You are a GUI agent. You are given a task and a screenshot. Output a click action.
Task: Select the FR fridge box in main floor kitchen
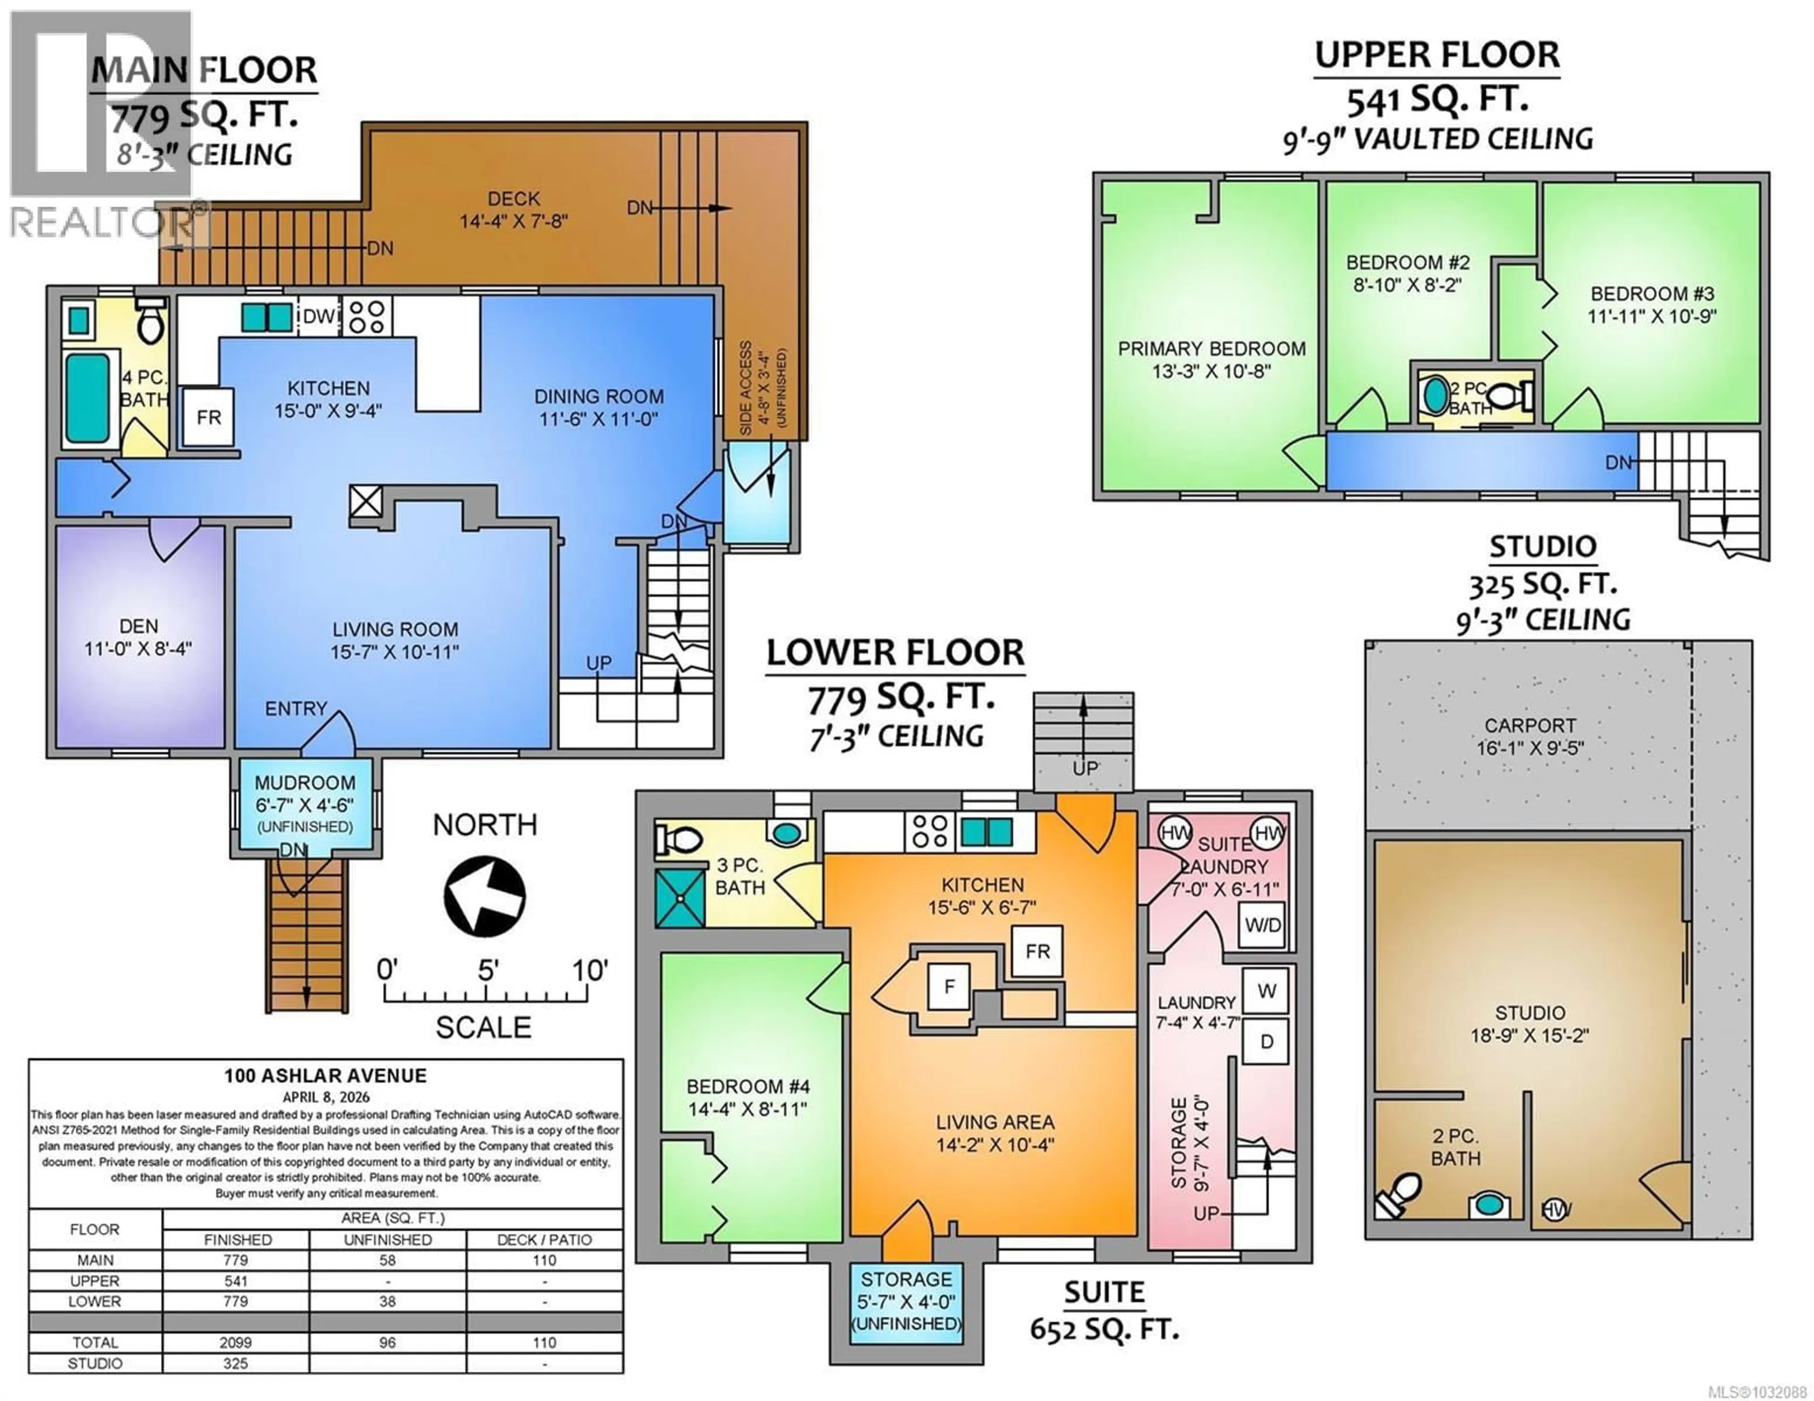point(208,417)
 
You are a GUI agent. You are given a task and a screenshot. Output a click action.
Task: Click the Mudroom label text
point(305,783)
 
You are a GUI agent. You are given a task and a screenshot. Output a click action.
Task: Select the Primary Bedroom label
point(1211,349)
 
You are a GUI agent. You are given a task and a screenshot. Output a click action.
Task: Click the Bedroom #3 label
point(1651,294)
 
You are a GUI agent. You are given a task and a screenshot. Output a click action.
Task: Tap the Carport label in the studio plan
point(1530,725)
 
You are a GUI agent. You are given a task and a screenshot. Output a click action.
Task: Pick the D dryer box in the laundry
point(1266,1041)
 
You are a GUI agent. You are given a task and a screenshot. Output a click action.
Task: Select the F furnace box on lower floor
point(949,986)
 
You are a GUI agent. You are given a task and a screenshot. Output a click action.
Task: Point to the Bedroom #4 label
point(747,1086)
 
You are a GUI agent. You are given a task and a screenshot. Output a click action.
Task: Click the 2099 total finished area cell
point(236,1342)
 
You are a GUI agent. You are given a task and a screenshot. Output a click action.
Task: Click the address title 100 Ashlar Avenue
point(325,1076)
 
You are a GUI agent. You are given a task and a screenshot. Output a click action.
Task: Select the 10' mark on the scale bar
point(590,970)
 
